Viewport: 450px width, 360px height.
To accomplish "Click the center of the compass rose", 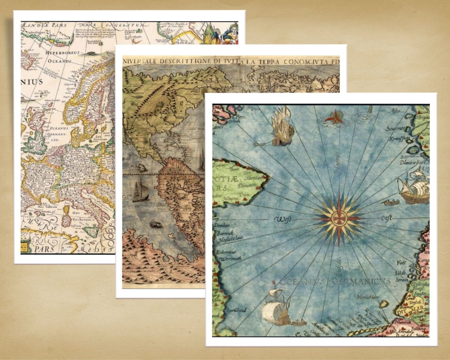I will pos(339,218).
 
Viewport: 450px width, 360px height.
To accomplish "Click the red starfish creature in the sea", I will pos(334,117).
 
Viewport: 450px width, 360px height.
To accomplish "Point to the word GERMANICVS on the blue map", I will pos(361,281).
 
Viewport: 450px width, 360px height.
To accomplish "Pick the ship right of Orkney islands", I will pos(283,127).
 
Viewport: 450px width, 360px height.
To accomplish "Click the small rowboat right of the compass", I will pos(390,203).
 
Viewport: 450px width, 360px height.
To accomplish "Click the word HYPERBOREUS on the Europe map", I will pos(62,52).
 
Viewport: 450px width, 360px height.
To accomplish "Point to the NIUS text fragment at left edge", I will pos(32,82).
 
